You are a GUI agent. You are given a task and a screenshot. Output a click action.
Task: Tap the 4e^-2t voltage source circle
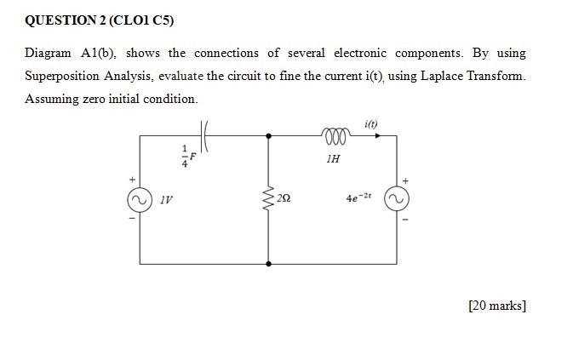(x=396, y=199)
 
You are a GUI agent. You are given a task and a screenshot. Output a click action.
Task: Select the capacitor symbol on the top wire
(x=206, y=134)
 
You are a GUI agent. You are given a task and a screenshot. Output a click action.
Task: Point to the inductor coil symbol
(x=333, y=135)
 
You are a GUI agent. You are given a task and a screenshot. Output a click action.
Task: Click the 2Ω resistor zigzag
(x=269, y=198)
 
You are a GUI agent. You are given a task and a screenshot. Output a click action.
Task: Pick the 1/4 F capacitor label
(x=187, y=157)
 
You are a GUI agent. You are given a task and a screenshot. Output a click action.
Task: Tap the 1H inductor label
(x=333, y=157)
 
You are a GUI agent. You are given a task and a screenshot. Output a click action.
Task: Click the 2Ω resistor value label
(x=284, y=198)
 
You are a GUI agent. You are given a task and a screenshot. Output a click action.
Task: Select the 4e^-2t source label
(x=358, y=197)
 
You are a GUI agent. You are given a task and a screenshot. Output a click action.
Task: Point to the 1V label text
(x=166, y=200)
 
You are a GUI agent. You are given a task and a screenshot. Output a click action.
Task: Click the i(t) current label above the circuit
(x=371, y=124)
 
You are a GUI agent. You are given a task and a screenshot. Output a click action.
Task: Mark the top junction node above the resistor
(x=269, y=135)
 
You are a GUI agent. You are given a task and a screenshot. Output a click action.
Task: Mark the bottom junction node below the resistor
(x=269, y=263)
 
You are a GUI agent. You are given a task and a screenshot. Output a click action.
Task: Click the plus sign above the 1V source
(x=132, y=180)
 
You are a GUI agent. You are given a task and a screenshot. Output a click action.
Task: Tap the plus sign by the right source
(x=405, y=180)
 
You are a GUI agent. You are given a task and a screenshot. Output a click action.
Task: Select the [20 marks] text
(x=497, y=306)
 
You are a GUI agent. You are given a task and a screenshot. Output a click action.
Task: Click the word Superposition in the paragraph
(x=63, y=76)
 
